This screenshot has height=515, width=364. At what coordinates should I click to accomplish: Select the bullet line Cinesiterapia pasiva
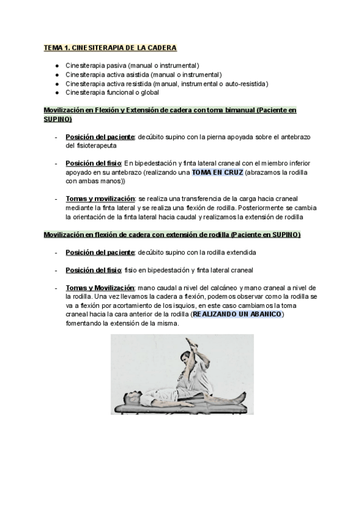132,65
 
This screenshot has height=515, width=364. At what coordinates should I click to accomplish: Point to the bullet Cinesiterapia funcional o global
112,92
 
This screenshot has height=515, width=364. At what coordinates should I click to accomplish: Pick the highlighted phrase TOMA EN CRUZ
217,172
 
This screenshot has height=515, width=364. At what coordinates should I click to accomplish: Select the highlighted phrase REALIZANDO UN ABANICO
238,315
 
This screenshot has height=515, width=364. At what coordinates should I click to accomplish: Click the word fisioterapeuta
91,146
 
